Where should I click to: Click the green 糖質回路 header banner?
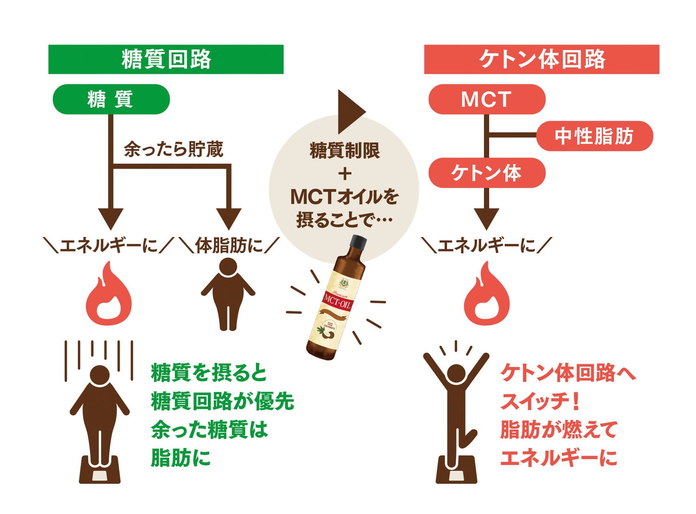[x=166, y=59]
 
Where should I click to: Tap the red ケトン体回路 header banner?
[x=541, y=59]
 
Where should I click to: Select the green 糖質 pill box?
[x=111, y=99]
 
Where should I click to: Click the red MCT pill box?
[x=486, y=99]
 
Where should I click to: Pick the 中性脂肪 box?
[x=594, y=136]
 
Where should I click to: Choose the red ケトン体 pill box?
[x=486, y=173]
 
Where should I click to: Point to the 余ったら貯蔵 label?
[x=174, y=149]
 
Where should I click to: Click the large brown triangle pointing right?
[x=350, y=111]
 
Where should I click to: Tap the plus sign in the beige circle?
[x=344, y=174]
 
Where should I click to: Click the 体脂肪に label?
[x=229, y=245]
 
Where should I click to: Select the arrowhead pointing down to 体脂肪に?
[x=229, y=218]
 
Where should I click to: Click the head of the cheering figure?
[x=456, y=374]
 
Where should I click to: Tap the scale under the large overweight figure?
[x=99, y=470]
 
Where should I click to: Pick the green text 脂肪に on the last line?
[x=181, y=458]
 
